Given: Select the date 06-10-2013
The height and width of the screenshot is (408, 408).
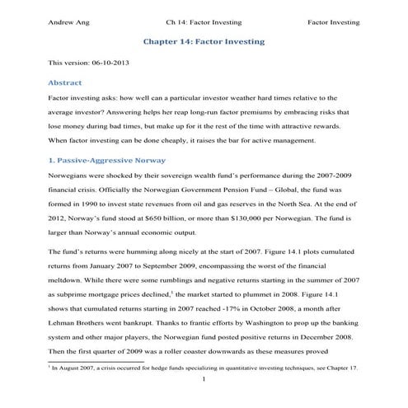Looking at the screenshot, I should click(109, 62).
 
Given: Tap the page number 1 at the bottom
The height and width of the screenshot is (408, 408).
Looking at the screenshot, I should click(204, 386).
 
